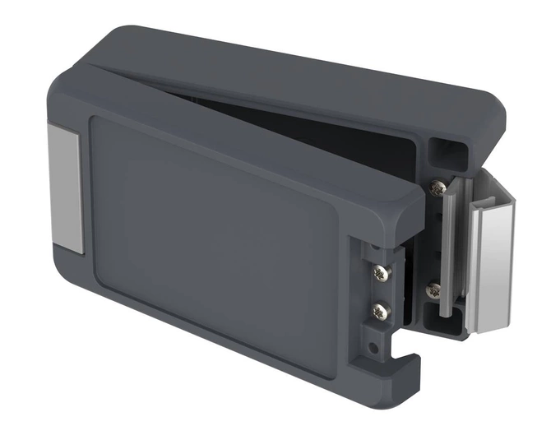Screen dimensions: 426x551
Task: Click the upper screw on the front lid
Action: coord(380,272)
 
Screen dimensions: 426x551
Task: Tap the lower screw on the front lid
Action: coord(379,311)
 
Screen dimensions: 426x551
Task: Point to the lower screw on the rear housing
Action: coord(433,289)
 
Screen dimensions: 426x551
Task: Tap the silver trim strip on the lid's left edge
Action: coord(64,190)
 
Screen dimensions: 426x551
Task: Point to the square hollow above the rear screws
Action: coord(448,153)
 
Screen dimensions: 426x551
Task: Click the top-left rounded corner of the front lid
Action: coord(62,82)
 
